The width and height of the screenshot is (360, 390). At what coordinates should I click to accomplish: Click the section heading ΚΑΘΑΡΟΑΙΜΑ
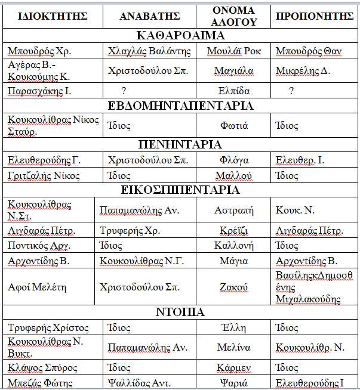point(180,35)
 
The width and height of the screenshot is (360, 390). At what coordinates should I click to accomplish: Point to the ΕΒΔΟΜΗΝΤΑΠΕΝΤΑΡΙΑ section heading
point(180,106)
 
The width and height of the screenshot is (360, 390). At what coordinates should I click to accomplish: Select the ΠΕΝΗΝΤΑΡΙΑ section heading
point(180,144)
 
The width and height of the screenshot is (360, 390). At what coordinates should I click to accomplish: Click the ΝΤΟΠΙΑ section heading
point(180,312)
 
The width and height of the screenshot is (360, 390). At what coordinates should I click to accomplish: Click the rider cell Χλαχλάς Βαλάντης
point(149,51)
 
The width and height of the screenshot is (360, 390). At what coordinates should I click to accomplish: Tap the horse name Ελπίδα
point(234,91)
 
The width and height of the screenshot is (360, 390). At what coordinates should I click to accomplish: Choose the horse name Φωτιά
point(234,126)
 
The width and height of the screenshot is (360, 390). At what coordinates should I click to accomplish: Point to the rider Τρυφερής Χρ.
point(125,231)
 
